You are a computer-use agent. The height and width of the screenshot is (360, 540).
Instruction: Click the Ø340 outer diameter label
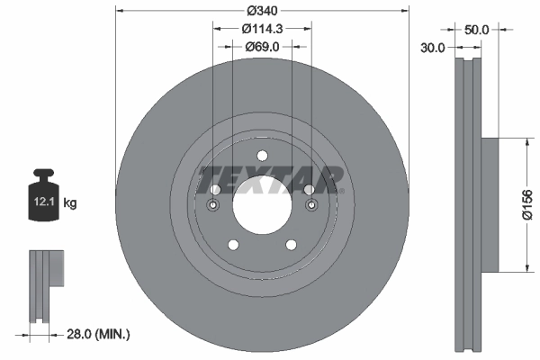coord(262,11)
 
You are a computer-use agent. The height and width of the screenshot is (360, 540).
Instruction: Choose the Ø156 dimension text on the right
coord(531,204)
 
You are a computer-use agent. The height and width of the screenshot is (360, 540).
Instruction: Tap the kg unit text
coord(70,203)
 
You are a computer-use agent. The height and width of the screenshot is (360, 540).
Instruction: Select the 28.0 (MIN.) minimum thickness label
coord(100,335)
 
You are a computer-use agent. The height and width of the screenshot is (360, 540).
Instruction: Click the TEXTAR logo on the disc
coord(271,179)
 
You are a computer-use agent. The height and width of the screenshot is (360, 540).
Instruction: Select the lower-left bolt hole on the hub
coord(232,245)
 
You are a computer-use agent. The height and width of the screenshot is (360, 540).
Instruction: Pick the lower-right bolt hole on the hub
coord(292,245)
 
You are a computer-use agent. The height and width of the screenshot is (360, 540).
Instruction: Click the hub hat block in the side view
coord(490,204)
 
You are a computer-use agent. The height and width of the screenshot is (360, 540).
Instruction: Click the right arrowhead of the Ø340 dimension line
coord(403,12)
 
